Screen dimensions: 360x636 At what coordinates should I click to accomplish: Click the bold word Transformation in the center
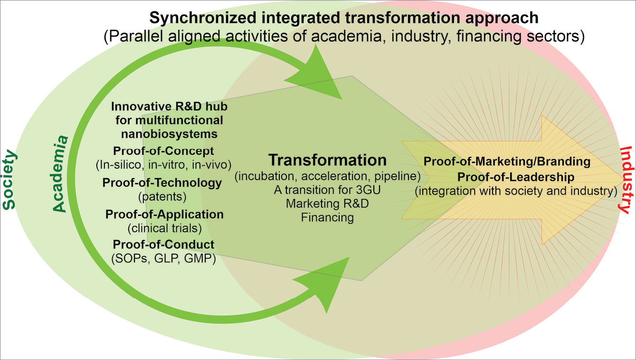pos(327,160)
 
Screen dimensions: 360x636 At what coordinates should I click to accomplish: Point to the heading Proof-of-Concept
pos(163,151)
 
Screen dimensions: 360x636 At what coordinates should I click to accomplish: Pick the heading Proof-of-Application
pos(164,214)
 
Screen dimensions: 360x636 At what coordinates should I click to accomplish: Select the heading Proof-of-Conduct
pos(163,245)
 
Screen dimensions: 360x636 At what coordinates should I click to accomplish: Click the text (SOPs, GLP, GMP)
pos(163,259)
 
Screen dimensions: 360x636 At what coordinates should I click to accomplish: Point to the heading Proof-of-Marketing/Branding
pos(507,161)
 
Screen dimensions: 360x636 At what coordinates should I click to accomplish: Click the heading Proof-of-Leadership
pos(507,177)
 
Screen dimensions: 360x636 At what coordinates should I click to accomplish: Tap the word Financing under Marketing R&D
pos(327,218)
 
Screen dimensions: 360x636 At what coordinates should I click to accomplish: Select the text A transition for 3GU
pos(327,190)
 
